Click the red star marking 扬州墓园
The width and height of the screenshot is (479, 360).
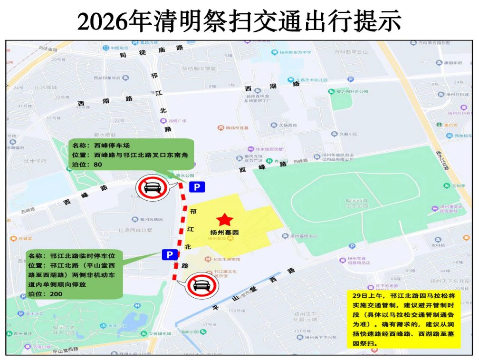coord(225,219)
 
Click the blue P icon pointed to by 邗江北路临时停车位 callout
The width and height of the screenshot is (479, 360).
coord(169,255)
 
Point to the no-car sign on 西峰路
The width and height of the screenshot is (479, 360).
coord(151,189)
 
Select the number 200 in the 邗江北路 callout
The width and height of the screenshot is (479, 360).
coord(55,294)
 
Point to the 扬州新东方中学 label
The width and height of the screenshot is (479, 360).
coord(294,52)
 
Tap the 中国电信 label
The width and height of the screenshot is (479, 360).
coord(119,48)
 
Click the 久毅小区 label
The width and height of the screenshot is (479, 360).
coord(347,134)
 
